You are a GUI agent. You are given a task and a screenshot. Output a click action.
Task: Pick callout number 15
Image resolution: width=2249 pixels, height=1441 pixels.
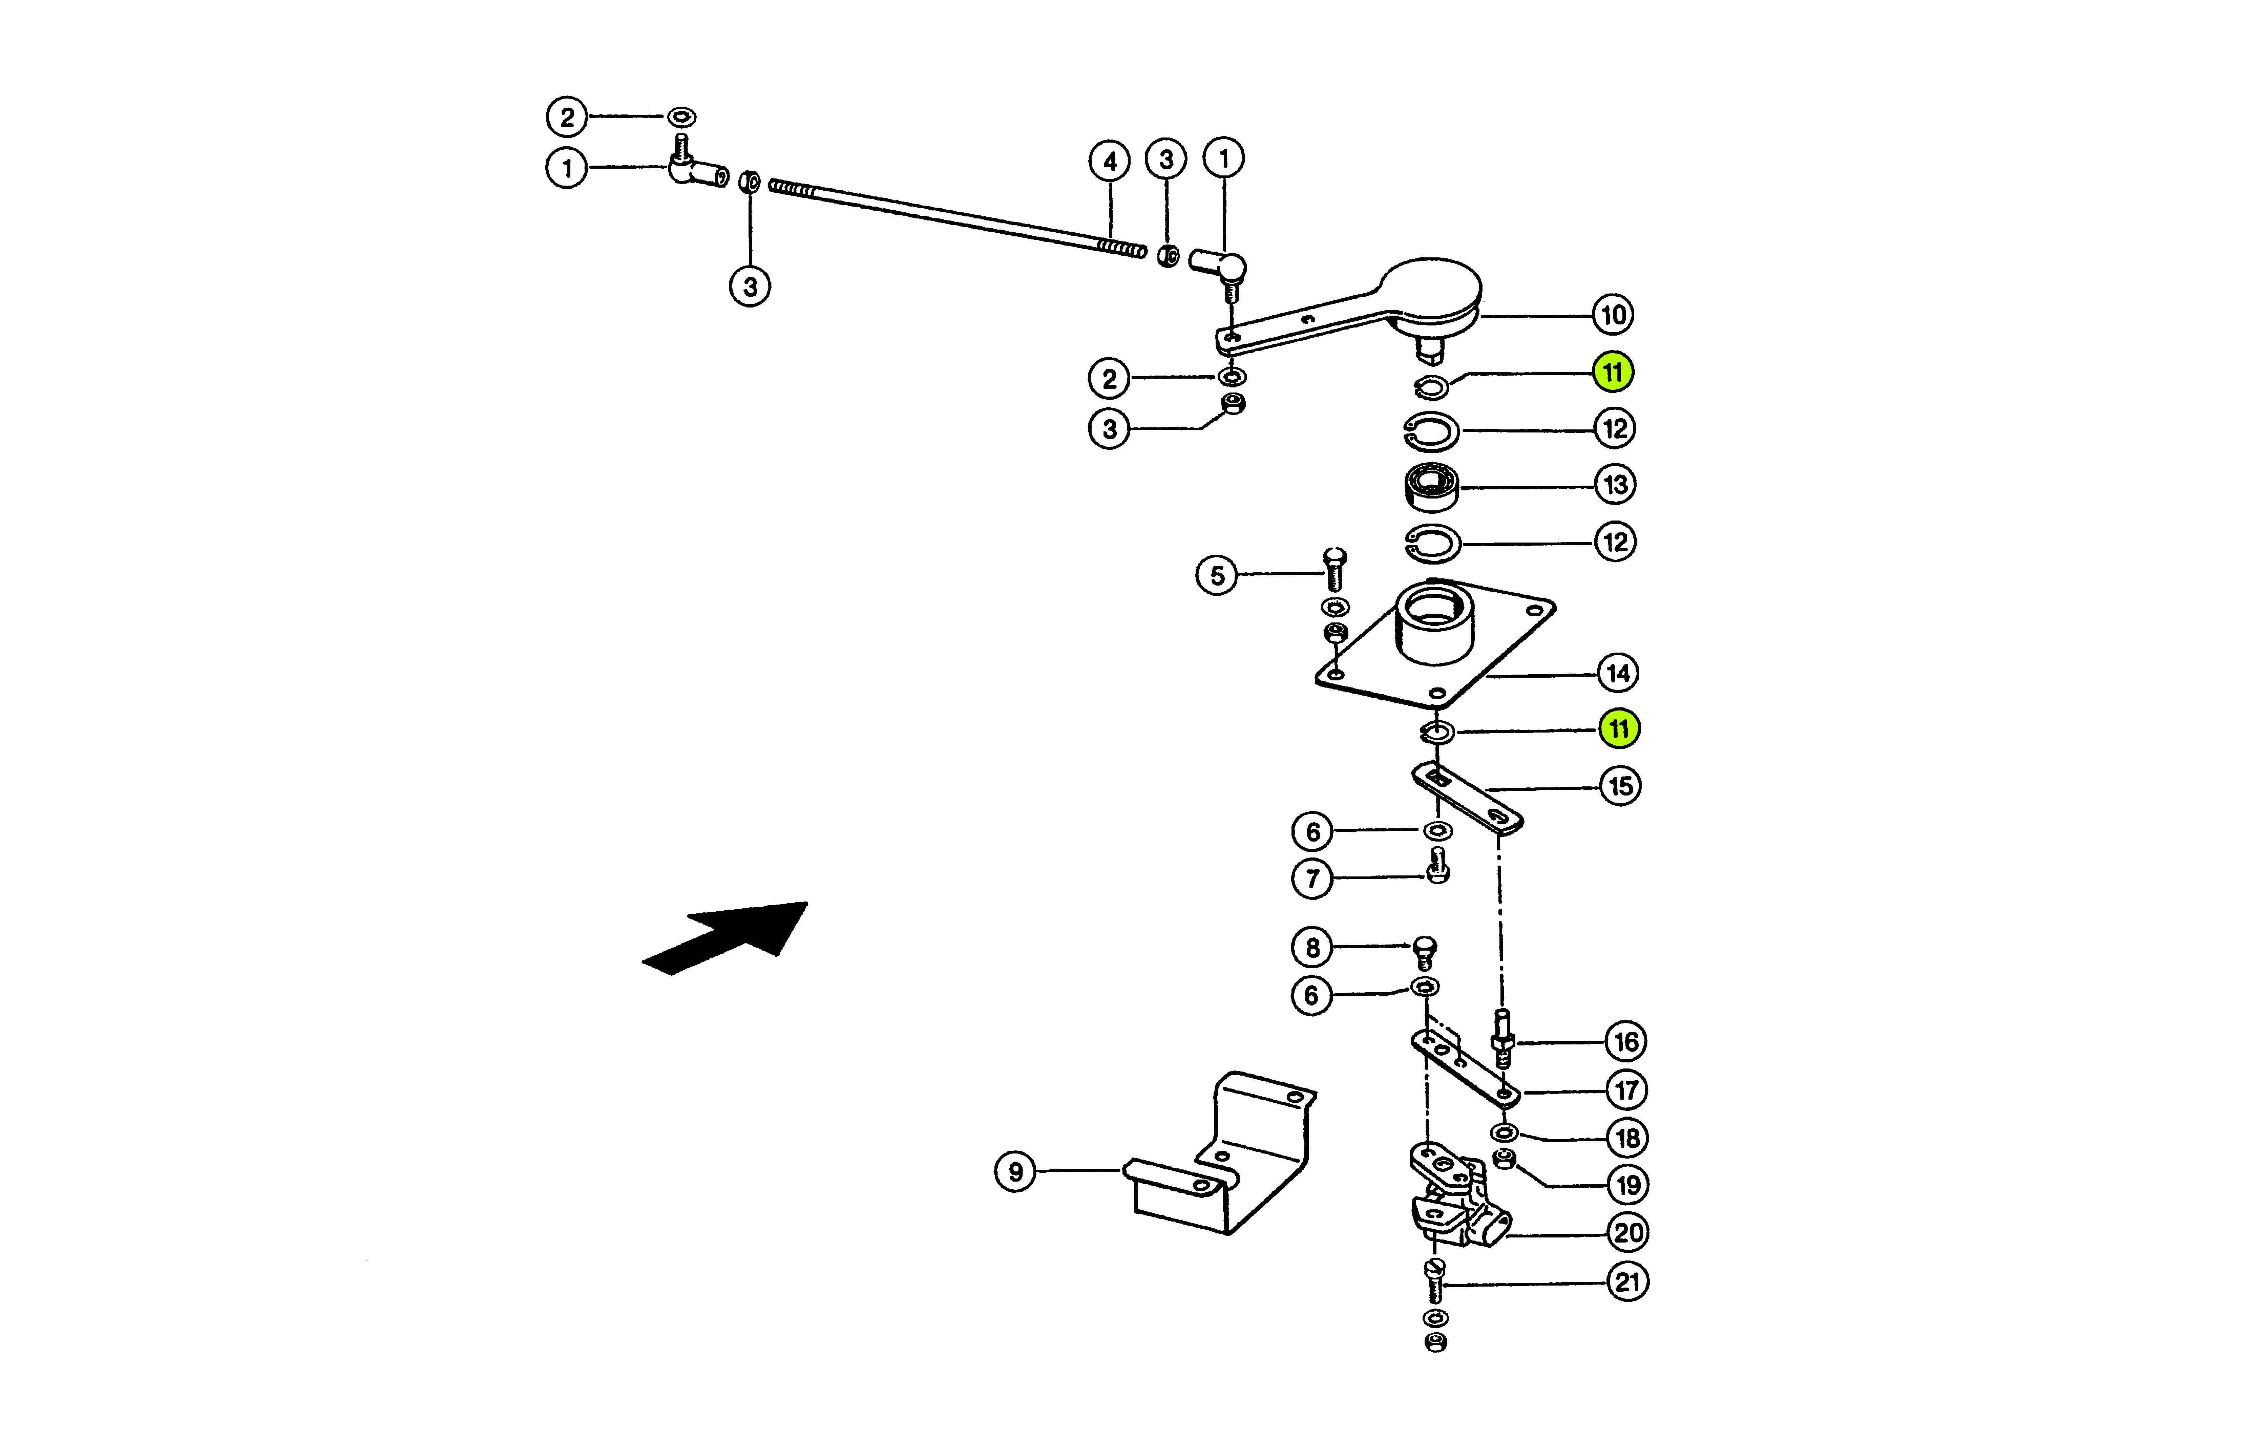(x=1620, y=786)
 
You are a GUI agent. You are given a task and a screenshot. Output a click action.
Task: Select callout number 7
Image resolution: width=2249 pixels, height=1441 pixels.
(x=1312, y=878)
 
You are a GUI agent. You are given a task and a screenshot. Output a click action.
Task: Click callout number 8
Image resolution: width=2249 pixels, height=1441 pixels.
(x=1312, y=948)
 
